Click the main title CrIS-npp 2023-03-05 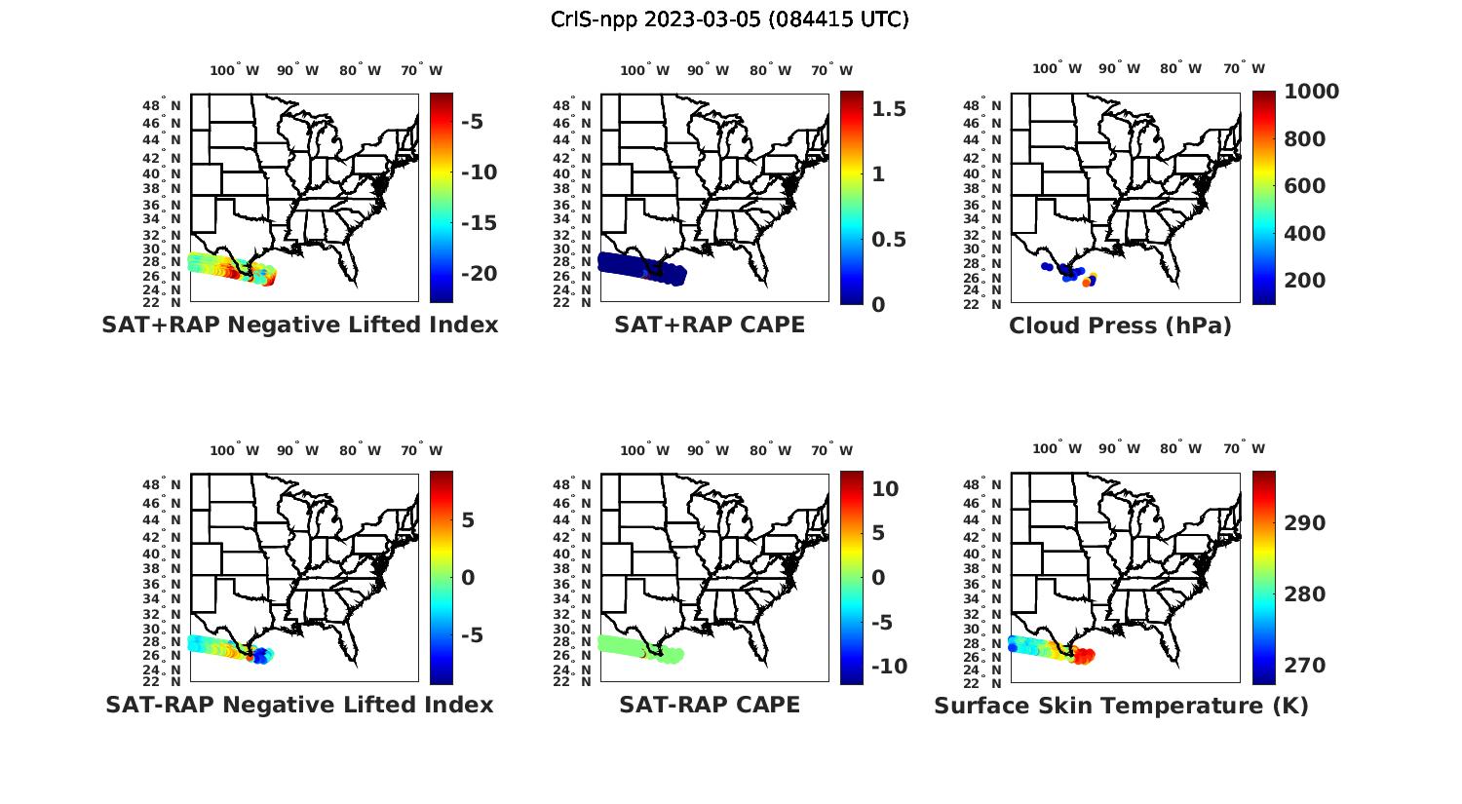(x=729, y=19)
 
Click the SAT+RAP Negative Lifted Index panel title (x=299, y=325)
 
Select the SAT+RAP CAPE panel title (x=710, y=325)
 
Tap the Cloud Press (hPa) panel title (x=1120, y=326)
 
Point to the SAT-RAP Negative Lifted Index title (x=299, y=706)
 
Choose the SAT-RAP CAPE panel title (x=710, y=706)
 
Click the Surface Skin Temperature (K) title (x=1121, y=707)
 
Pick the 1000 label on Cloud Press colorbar (x=1311, y=92)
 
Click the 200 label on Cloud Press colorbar (x=1305, y=281)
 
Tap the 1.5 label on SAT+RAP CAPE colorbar (x=888, y=109)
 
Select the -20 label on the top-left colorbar (x=479, y=274)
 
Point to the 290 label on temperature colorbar (x=1305, y=523)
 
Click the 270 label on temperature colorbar (x=1305, y=666)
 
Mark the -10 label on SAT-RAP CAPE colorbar (x=889, y=667)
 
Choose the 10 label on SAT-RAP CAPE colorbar (x=885, y=489)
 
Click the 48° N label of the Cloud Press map (x=994, y=105)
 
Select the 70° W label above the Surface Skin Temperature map (x=1245, y=449)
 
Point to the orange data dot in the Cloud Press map (x=1087, y=283)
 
